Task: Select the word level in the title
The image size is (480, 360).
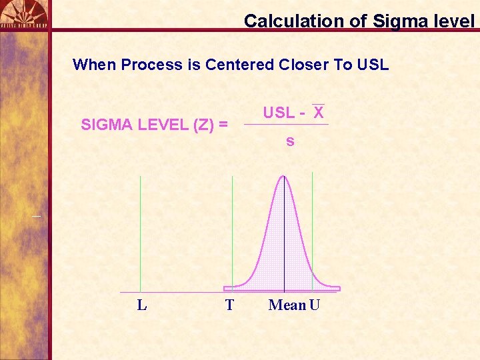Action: (x=453, y=21)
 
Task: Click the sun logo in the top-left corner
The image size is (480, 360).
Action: (x=24, y=11)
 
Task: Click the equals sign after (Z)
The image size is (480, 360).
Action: (x=223, y=125)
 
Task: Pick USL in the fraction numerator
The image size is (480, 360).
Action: (x=278, y=112)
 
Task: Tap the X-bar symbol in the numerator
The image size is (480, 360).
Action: (x=319, y=111)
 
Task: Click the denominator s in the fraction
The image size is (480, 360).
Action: (x=290, y=141)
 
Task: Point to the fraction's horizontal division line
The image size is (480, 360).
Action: (x=286, y=124)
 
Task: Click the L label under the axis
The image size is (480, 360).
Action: (x=141, y=305)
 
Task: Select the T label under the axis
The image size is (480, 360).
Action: (x=229, y=305)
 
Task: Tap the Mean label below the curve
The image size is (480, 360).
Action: (x=287, y=305)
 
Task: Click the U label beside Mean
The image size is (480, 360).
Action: (x=315, y=305)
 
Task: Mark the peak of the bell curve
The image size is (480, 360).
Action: (x=284, y=176)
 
